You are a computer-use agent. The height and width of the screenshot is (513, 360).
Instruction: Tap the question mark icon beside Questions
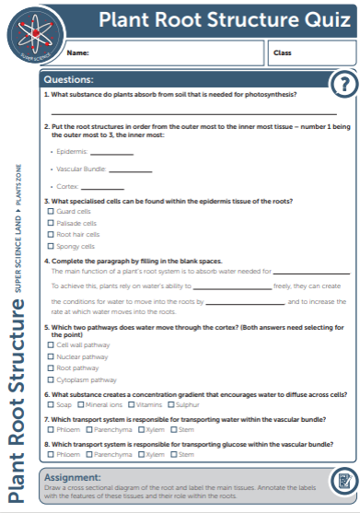[343, 84]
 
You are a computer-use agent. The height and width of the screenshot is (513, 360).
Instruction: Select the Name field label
[77, 52]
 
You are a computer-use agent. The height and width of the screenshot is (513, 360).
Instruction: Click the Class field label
[281, 52]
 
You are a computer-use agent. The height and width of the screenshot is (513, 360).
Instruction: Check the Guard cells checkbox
[51, 211]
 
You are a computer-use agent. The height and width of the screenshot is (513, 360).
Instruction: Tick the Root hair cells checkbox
[51, 234]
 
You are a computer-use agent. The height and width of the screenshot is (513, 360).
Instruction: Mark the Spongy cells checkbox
[51, 246]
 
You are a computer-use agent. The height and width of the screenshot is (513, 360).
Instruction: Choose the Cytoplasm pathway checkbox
[51, 379]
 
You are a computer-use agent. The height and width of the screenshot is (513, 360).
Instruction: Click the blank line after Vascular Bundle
[131, 171]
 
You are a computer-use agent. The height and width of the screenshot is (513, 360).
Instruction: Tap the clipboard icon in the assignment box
[343, 481]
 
